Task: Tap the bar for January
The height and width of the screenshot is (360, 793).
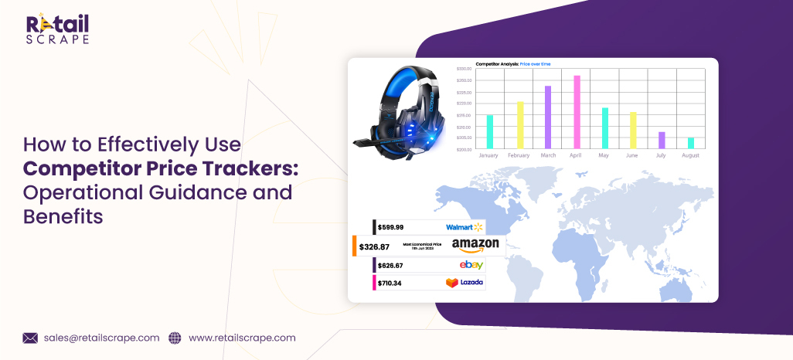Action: click(x=489, y=131)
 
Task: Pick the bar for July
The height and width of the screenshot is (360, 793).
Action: click(x=662, y=140)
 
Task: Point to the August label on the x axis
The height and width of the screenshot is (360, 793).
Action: click(x=690, y=155)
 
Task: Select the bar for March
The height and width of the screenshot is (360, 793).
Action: click(x=548, y=117)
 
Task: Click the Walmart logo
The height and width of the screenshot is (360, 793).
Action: click(x=464, y=227)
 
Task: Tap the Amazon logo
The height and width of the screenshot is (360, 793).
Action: click(x=475, y=246)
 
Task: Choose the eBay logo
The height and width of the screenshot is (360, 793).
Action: click(x=471, y=265)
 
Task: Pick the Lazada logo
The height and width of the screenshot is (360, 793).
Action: click(x=465, y=283)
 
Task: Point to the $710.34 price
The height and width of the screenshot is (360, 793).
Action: click(x=390, y=283)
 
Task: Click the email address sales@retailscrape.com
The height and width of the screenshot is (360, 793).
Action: click(x=101, y=338)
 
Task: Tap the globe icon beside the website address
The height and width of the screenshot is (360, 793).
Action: click(x=175, y=338)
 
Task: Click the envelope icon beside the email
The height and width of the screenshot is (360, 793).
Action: click(x=30, y=338)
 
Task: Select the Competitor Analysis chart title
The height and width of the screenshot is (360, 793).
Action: click(x=513, y=63)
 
